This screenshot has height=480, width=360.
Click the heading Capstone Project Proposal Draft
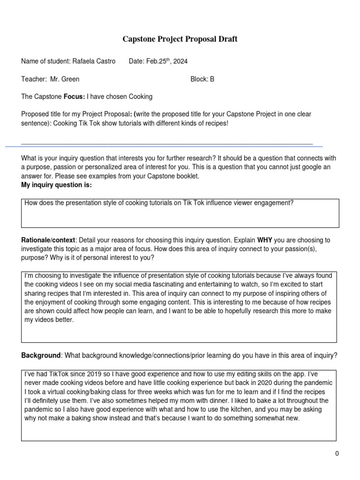(180, 39)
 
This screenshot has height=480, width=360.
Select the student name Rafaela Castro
(94, 61)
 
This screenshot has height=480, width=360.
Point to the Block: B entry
(202, 79)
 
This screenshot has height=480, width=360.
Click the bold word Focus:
(74, 97)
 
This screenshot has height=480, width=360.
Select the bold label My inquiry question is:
(56, 185)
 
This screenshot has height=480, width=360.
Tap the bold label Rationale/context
(48, 240)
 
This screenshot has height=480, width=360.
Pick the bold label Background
(41, 356)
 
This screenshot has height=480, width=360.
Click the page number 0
(337, 453)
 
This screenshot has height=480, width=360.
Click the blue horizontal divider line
(164, 147)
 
